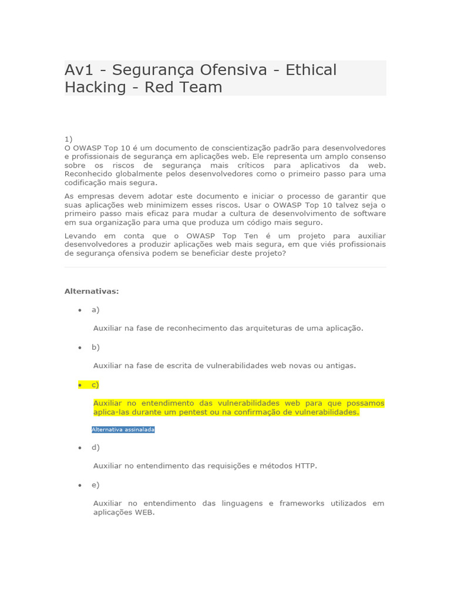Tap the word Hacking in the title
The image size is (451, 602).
[x=95, y=88]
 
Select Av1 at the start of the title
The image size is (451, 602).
[x=79, y=70]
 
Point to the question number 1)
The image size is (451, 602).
[x=68, y=139]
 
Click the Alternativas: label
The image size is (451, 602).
[x=91, y=291]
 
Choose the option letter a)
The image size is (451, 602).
[x=95, y=310]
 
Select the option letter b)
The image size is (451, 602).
[x=95, y=347]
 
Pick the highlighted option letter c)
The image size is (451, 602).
[x=95, y=384]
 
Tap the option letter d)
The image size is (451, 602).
[x=95, y=447]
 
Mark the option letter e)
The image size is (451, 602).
[x=95, y=484]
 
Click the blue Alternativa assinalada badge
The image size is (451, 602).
[x=123, y=430]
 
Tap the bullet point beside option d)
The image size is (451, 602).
[x=80, y=447]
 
